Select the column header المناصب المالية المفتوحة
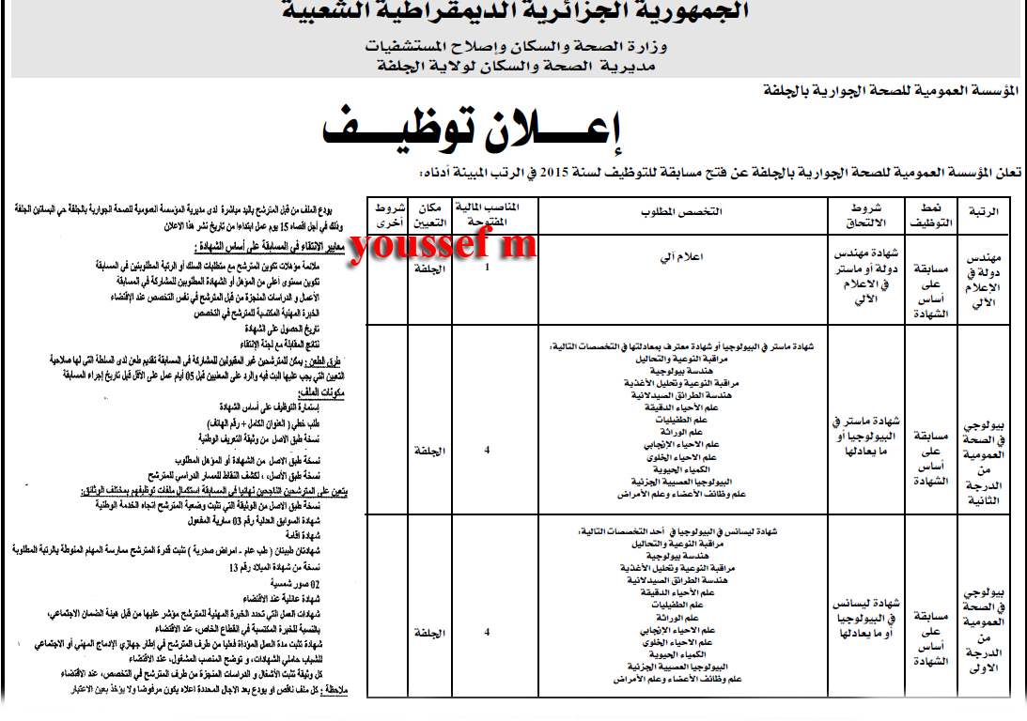click(x=488, y=213)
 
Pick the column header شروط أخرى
click(x=387, y=213)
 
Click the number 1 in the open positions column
click(x=487, y=268)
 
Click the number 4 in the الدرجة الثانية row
click(x=487, y=451)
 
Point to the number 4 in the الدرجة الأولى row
click(x=487, y=632)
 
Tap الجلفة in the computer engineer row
click(x=429, y=268)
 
